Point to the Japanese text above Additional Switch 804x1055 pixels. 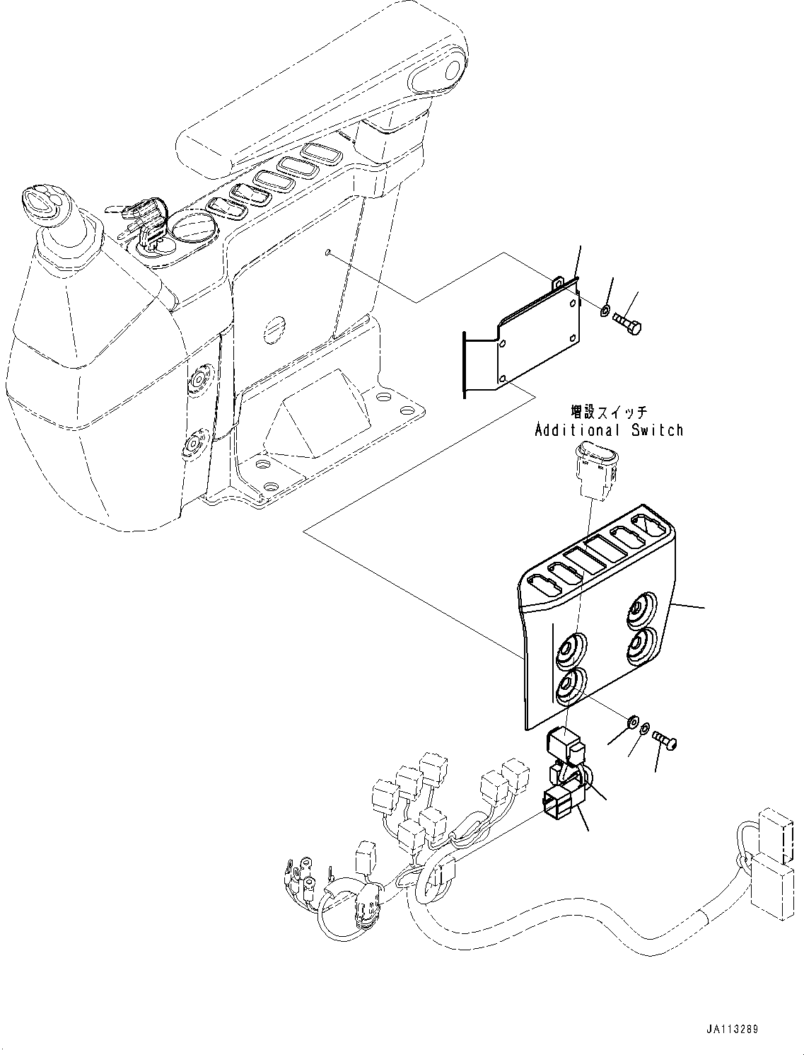pos(609,412)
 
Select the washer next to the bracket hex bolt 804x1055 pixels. pos(605,311)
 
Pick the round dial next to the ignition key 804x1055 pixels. pos(188,229)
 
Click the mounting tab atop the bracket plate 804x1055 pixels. pos(560,283)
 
